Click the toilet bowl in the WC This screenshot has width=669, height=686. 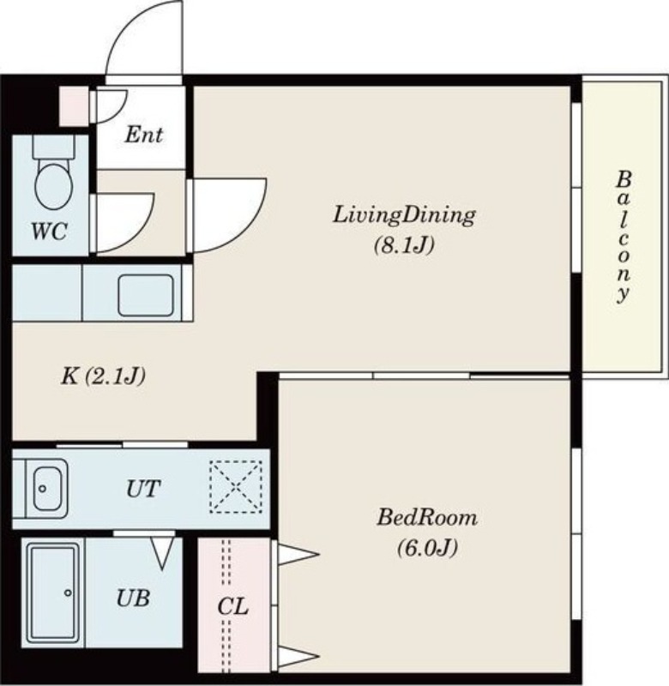(54, 187)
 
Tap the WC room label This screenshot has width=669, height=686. (49, 231)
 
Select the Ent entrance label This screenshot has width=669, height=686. (143, 135)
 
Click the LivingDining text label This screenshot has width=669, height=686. (404, 216)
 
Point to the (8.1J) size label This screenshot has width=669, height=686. (404, 245)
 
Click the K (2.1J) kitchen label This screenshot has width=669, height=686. (103, 376)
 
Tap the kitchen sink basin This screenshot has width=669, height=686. (146, 295)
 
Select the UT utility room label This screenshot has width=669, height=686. (143, 489)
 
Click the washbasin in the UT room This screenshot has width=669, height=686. (46, 488)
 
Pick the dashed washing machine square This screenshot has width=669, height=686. (236, 486)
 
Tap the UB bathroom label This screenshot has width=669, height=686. (134, 598)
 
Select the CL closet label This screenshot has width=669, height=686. (232, 607)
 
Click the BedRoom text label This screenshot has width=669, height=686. (427, 518)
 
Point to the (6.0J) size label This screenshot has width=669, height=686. (427, 547)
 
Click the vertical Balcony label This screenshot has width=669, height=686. (623, 237)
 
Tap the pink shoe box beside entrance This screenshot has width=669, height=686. (75, 106)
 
